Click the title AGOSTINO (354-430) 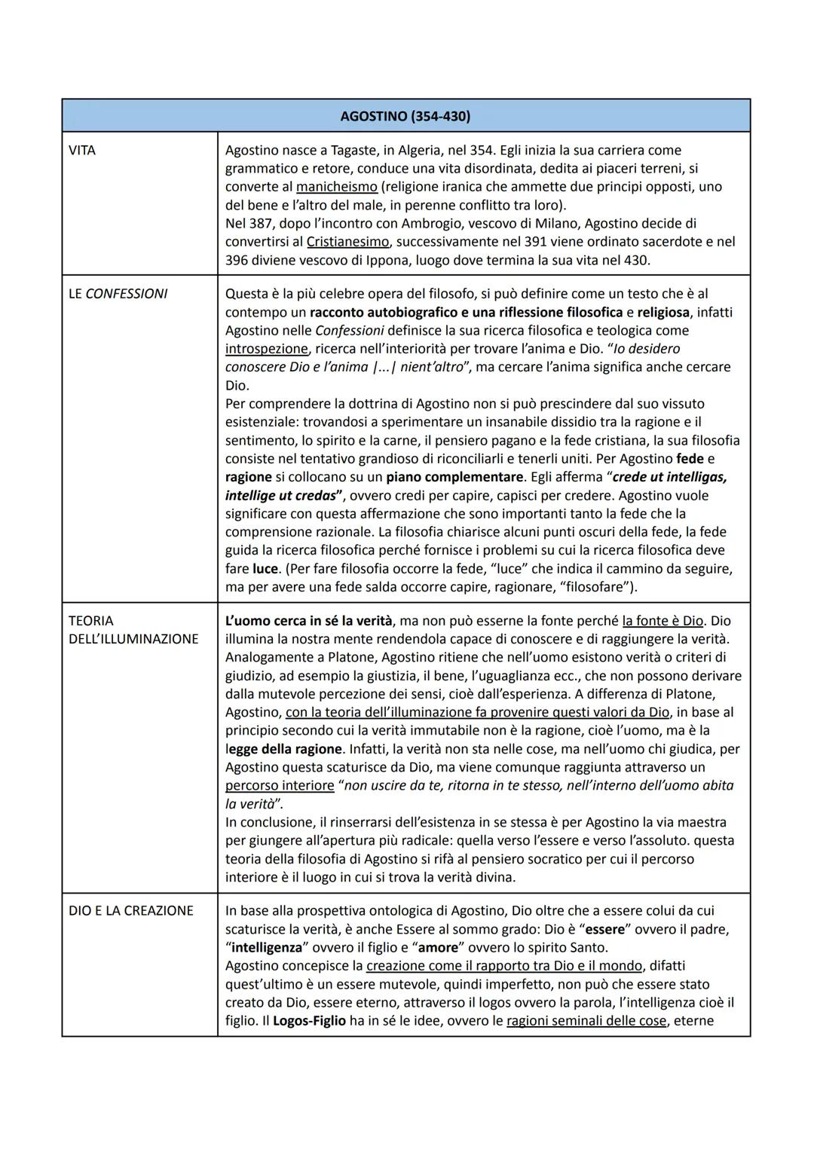click(x=405, y=116)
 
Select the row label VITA click(x=82, y=150)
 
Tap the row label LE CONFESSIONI click(x=118, y=293)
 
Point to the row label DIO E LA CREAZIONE click(x=131, y=910)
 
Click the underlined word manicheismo click(x=337, y=187)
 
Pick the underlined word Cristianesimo click(x=348, y=242)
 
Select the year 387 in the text click(x=261, y=224)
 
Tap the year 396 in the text click(x=237, y=261)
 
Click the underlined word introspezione click(x=267, y=349)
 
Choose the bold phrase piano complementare click(x=454, y=477)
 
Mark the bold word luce click(x=265, y=569)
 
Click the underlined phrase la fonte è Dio click(x=663, y=621)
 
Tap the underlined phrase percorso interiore click(x=280, y=785)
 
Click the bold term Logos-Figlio click(x=309, y=1021)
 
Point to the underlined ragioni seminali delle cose click(x=586, y=1021)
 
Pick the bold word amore click(x=438, y=948)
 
